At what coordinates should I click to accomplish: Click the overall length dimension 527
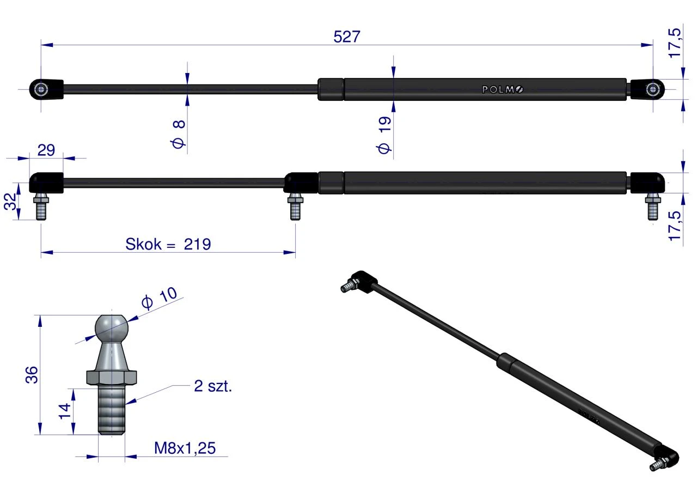pyautogui.click(x=347, y=36)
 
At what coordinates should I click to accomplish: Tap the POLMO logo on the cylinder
pyautogui.click(x=503, y=90)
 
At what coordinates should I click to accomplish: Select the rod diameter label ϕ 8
pyautogui.click(x=179, y=134)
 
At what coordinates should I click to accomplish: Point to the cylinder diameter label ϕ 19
pyautogui.click(x=384, y=135)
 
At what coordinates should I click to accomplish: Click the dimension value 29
pyautogui.click(x=46, y=150)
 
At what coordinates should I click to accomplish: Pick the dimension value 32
pyautogui.click(x=10, y=202)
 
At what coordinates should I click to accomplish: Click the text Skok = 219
pyautogui.click(x=168, y=244)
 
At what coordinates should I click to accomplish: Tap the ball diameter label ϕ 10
pyautogui.click(x=160, y=298)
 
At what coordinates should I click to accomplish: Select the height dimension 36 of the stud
pyautogui.click(x=32, y=375)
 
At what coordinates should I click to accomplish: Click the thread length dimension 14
pyautogui.click(x=65, y=411)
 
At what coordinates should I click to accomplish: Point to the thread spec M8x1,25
pyautogui.click(x=185, y=448)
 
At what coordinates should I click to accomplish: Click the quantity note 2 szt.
pyautogui.click(x=213, y=386)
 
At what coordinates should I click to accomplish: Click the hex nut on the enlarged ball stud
pyautogui.click(x=112, y=377)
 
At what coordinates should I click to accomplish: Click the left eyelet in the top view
pyautogui.click(x=41, y=90)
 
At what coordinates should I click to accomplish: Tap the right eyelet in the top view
pyautogui.click(x=652, y=90)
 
